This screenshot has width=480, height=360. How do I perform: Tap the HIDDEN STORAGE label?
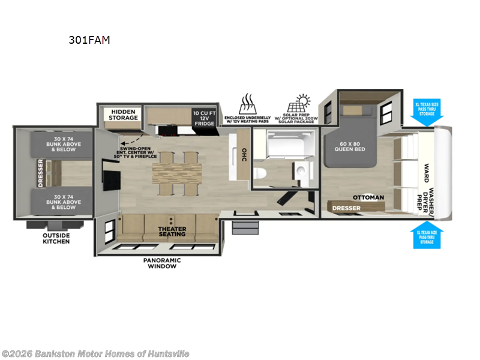click(x=124, y=115)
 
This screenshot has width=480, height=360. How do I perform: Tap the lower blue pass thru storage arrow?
click(x=427, y=235)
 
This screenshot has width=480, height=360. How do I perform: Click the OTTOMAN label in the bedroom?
click(x=368, y=197)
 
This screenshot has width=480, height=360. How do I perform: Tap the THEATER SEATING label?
click(x=172, y=232)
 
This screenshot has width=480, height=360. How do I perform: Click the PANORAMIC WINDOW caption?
click(x=162, y=263)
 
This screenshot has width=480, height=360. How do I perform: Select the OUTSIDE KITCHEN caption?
click(x=56, y=238)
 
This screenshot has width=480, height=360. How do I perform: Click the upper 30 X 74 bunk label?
click(x=62, y=145)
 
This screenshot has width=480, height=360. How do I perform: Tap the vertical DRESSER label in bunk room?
click(x=41, y=173)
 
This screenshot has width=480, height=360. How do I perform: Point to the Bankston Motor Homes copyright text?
click(x=95, y=353)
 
